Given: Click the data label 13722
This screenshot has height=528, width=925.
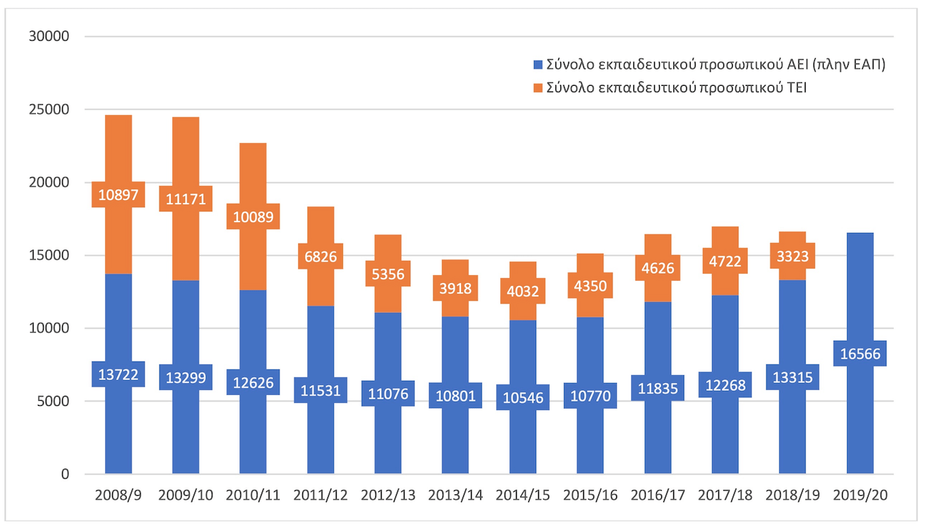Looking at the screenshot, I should coord(118,374).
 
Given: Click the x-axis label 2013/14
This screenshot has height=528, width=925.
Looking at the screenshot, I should coord(455,495).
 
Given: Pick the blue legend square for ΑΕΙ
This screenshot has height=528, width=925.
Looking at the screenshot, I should coord(538,64).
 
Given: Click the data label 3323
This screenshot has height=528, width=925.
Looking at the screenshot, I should coord(792,255).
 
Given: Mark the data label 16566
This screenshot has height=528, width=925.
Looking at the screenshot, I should coord(860,354).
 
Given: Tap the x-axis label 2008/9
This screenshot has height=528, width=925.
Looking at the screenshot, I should coord(118,495).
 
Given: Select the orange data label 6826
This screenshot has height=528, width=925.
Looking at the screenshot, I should coord(321,256).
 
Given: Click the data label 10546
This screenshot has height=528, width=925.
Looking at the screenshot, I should coord(523,397).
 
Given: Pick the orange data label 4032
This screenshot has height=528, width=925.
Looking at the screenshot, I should coord(523,291).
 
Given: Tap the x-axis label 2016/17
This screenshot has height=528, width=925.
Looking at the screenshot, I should coord(658,495).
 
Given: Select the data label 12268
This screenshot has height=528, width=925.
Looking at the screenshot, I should coord(725,385).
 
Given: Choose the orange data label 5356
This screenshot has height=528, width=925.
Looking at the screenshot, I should coord(388,274).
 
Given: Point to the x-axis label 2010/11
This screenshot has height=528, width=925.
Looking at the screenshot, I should coord(253,495).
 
